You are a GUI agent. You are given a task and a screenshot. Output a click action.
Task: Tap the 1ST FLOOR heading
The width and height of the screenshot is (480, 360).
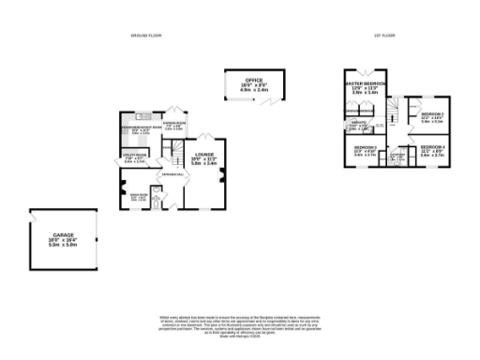click(x=382, y=36)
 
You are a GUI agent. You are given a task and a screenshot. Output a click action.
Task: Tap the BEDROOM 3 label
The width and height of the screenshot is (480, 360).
click(x=366, y=149)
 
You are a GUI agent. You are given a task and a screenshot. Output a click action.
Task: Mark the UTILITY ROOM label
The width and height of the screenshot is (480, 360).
click(x=135, y=157)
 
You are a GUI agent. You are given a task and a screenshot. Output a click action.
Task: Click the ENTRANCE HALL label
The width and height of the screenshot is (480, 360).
click(x=174, y=174)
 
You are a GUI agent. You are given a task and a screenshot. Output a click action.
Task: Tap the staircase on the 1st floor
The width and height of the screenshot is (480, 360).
click(x=396, y=108)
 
